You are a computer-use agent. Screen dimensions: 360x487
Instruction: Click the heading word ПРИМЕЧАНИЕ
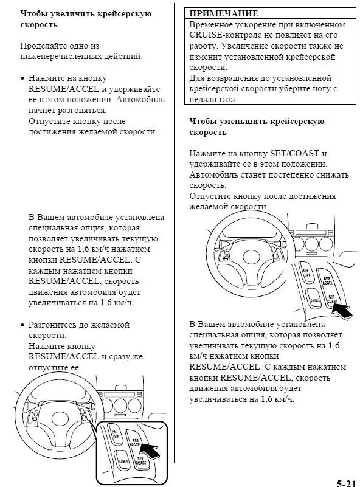[x=224, y=13]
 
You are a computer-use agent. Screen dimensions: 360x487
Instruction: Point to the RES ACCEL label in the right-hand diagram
[x=327, y=281]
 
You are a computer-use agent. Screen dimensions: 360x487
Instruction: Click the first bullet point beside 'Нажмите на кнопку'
[x=22, y=78]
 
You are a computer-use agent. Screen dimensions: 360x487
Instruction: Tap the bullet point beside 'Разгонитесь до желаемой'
[x=22, y=325]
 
